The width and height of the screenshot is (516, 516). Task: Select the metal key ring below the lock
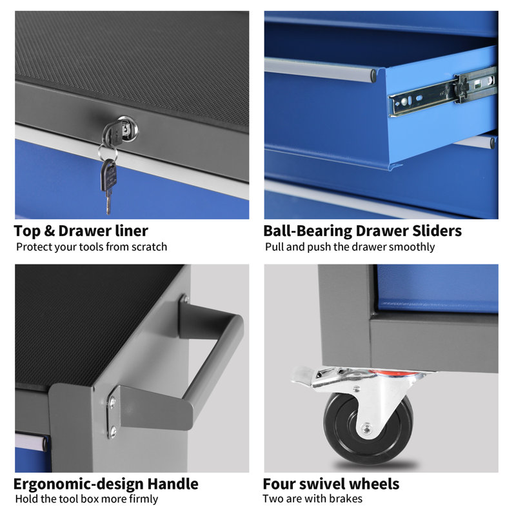pos(108,153)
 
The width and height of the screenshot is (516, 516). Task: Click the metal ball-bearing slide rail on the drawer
pos(442,91)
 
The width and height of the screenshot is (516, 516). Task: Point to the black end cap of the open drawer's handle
pos(373,75)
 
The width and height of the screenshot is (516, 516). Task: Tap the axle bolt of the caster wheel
pos(366,428)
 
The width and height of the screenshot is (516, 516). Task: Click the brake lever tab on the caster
pos(301,375)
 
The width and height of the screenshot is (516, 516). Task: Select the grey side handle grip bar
pos(214,358)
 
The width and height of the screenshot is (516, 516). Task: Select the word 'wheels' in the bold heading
pos(374,484)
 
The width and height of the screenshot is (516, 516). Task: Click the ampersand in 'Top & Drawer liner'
pos(49,231)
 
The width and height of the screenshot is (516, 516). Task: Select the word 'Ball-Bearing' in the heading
pos(308,231)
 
